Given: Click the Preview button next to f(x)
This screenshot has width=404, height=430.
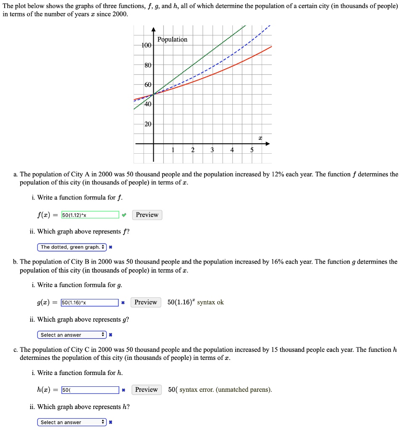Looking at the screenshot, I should coord(147,215).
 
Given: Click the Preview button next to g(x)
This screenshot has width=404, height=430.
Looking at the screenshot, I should coord(145,302).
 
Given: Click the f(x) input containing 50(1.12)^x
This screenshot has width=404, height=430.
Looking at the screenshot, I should coord(90,215).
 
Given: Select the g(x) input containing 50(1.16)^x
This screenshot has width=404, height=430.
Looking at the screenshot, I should coord(89,302).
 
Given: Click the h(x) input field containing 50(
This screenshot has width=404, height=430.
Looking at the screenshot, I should coord(89,390).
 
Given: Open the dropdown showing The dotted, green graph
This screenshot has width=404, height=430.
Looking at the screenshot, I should coord(72,247).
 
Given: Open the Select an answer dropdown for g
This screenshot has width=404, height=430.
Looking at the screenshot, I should coord(72,335).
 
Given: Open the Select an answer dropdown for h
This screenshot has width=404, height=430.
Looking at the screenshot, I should coord(72,422).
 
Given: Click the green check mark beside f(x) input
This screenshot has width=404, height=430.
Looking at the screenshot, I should coord(123,215).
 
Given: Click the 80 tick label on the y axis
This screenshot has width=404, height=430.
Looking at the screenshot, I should coord(148,66).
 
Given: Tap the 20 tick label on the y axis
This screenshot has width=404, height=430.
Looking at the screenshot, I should coord(148,124).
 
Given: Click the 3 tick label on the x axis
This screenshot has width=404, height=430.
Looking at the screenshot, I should coord(212,150).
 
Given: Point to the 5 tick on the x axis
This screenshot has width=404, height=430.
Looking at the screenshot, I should coord(252,150).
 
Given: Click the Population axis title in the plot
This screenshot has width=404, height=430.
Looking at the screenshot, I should coord(172,39).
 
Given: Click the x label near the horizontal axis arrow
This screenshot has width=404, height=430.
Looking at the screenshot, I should coord(260,138).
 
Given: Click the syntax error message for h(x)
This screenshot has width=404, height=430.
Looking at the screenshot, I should coord(226,390).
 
